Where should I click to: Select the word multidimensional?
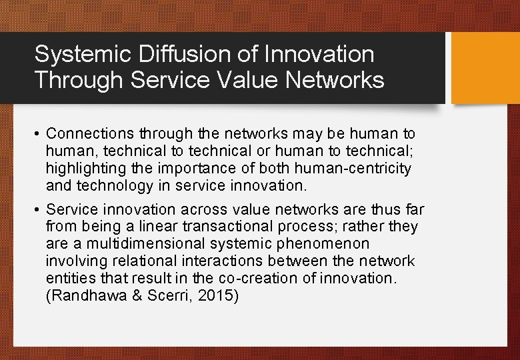149,244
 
